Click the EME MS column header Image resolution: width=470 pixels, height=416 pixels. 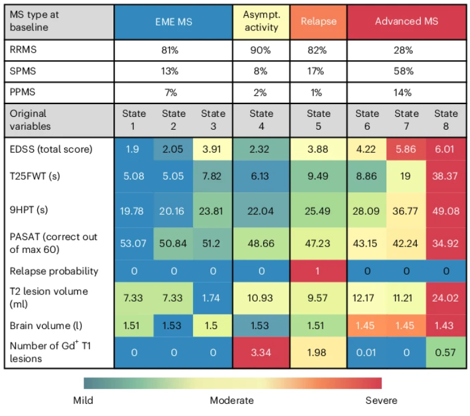coord(173,22)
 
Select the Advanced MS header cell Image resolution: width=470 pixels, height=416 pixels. coord(406,22)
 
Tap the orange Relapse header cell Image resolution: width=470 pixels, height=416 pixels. coord(318,22)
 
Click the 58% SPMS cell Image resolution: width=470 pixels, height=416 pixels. coord(406,71)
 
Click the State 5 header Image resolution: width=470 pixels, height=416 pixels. coord(318,119)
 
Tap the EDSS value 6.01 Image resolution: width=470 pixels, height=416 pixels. coord(446,149)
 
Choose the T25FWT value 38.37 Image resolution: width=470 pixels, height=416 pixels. coord(446,175)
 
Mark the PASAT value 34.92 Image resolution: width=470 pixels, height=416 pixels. coord(446,243)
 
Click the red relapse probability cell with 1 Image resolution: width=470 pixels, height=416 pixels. coord(318,271)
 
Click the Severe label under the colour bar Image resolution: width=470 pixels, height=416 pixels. coord(381,400)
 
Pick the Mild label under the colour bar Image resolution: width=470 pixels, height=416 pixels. coord(83,400)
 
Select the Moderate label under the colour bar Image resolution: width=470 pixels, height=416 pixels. coord(232,400)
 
